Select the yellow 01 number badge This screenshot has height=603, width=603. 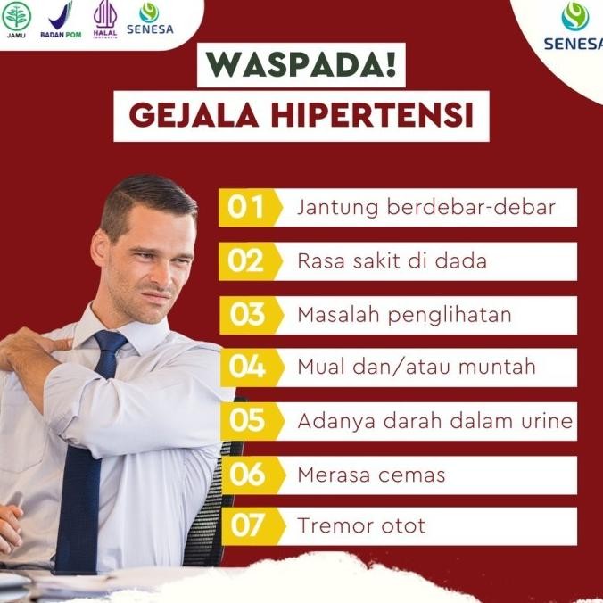[x=245, y=208]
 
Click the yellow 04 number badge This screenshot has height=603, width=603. [x=245, y=367]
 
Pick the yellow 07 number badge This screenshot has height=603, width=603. [x=245, y=525]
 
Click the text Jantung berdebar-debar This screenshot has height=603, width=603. [x=426, y=208]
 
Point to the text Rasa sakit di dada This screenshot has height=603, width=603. [x=392, y=261]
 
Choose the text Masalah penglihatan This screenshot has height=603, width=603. [x=403, y=314]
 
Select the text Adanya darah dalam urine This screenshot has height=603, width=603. [x=434, y=420]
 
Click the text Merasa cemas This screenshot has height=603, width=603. [x=371, y=474]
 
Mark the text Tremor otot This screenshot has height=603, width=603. [x=361, y=525]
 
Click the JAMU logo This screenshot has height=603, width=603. [x=16, y=19]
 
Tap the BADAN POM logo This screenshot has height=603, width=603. [x=61, y=20]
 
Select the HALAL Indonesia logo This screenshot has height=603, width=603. [x=105, y=19]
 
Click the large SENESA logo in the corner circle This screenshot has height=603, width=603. [x=574, y=27]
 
